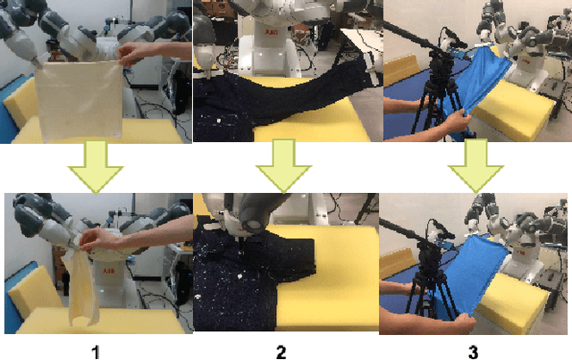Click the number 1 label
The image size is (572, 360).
tap(95, 352)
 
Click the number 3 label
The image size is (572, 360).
tap(473, 352)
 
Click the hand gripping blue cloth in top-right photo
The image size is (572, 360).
tap(447, 120)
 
